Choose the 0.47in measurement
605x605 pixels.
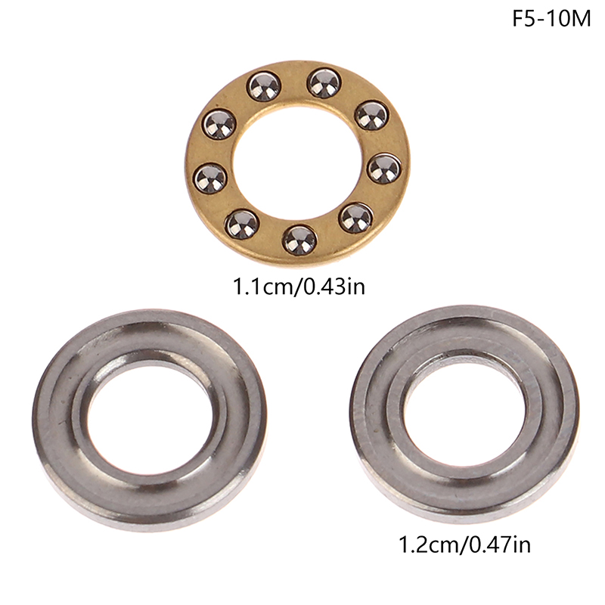coord(499,544)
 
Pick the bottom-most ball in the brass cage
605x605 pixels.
coord(299,240)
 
